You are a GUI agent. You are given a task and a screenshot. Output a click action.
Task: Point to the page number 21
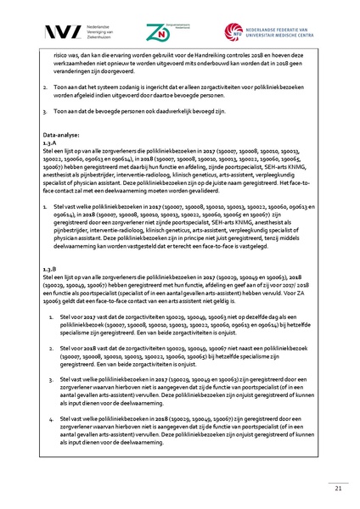(x=338, y=488)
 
